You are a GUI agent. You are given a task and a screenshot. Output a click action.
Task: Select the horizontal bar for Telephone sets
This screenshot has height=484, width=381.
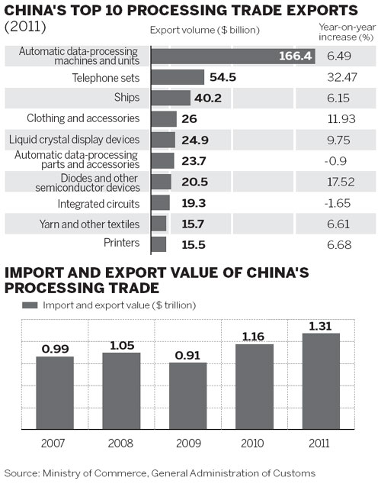coord(178,77)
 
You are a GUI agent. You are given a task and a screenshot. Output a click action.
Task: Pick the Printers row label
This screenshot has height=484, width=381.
coord(120,243)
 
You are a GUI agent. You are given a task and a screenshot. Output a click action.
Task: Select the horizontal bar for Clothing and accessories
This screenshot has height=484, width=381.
coord(164,118)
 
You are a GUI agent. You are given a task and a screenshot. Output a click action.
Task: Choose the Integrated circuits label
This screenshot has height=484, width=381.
coord(98,204)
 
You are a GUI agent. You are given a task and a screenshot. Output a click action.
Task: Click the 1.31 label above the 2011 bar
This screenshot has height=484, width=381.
coord(321,325)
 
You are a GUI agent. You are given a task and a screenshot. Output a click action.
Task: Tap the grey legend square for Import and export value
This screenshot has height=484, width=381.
coord(30,305)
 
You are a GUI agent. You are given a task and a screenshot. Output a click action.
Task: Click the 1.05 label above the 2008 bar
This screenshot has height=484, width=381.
coord(121,345)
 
